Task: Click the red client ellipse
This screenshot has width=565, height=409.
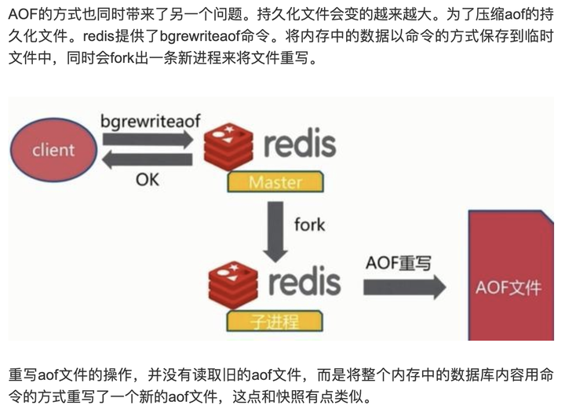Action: point(53,149)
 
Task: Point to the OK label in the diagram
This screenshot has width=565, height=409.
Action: point(147,180)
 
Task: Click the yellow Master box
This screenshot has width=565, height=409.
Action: point(275,183)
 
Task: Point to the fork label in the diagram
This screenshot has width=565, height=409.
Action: point(309,225)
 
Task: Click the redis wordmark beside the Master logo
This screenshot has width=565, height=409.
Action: point(300,144)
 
